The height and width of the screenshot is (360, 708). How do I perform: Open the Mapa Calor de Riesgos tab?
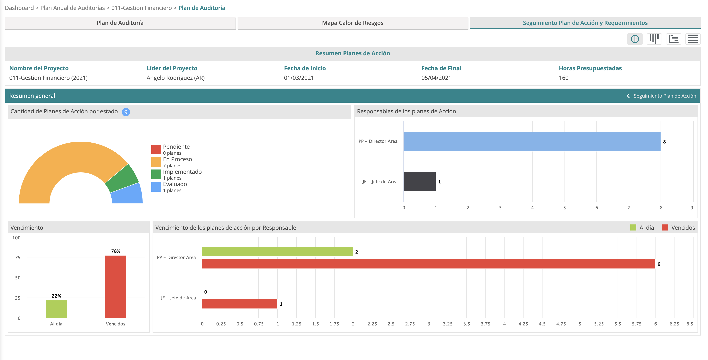click(353, 23)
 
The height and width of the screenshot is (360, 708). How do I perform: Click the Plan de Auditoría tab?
click(120, 23)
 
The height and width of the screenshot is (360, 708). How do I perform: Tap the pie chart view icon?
click(635, 39)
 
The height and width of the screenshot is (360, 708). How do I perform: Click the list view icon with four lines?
click(693, 39)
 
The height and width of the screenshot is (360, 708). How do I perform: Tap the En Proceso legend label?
click(177, 159)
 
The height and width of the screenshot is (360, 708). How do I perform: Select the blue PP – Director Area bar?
click(532, 141)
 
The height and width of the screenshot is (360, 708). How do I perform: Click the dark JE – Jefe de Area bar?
click(419, 181)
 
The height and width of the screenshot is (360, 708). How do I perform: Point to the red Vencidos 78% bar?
click(115, 287)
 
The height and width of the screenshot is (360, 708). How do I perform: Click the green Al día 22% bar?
click(56, 309)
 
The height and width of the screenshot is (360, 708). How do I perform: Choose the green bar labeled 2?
click(277, 252)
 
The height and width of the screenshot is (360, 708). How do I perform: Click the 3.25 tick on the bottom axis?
click(447, 324)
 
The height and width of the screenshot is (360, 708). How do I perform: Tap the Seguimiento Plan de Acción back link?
click(664, 96)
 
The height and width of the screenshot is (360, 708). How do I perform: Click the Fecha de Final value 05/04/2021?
click(436, 78)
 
